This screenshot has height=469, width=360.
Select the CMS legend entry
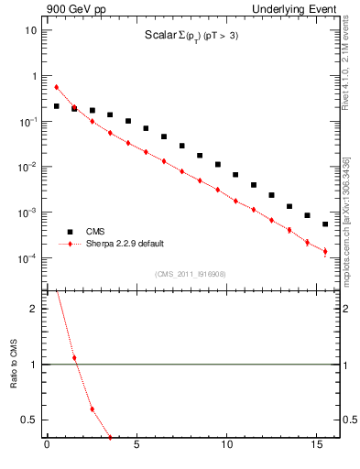(96, 232)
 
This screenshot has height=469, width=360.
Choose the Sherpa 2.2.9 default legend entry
(128, 245)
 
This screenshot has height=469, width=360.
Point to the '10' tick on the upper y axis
(30, 30)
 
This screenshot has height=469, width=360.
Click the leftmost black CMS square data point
(56, 106)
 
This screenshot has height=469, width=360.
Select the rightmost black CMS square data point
(325, 224)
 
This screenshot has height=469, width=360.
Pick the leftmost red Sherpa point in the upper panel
(56, 87)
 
